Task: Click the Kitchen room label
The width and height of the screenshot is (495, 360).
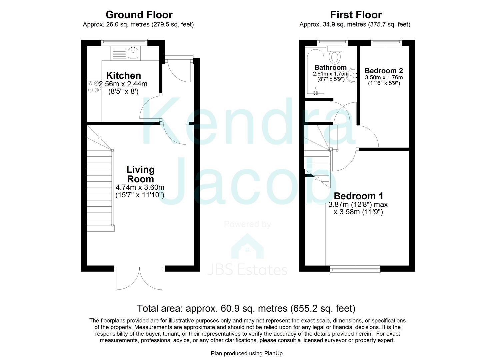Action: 123,76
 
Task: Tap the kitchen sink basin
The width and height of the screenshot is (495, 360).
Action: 133,52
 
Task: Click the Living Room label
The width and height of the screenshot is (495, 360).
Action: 140,174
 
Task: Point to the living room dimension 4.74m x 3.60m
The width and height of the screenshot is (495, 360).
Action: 140,187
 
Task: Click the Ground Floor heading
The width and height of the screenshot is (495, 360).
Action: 139,15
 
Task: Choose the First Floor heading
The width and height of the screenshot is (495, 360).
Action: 356,15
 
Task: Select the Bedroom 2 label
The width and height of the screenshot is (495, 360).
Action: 384,71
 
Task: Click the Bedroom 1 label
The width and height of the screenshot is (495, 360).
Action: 358,196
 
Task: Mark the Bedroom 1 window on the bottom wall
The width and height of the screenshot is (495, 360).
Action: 355,269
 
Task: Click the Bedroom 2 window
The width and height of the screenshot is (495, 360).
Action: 386,42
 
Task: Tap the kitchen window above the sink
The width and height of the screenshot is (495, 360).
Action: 124,42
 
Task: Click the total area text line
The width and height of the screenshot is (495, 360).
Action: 246,308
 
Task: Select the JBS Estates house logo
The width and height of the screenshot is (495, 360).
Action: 247,247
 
